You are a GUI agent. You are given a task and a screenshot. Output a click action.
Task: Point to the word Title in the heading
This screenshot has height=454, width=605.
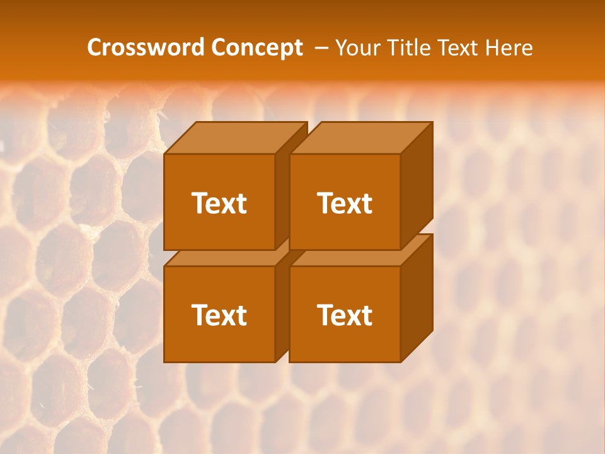408,48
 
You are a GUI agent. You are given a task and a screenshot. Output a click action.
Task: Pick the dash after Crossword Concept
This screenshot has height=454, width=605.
320,49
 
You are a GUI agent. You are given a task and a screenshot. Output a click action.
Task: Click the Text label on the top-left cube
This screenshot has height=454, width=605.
219,203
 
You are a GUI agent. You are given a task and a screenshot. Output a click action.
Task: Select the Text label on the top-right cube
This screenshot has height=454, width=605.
345,203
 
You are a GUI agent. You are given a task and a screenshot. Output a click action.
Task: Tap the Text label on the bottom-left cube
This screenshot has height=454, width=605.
219,315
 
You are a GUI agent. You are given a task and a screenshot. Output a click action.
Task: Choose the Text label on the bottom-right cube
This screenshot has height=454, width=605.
345,315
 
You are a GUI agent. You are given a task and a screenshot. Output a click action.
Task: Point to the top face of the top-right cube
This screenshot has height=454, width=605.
361,138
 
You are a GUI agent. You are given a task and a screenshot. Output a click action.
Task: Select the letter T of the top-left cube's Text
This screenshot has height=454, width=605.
199,203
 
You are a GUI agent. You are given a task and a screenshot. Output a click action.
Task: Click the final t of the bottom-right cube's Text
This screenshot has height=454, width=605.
367,315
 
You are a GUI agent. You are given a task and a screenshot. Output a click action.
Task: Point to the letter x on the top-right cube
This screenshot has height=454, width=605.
354,205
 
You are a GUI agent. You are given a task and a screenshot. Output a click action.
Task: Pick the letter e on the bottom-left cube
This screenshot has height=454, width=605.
214,317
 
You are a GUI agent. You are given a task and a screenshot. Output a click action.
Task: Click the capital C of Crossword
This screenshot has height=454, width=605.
95,48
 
